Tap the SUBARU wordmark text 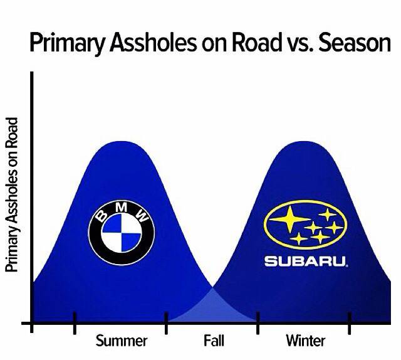click(x=305, y=260)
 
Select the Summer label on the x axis click(x=122, y=341)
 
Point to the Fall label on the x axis click(x=214, y=341)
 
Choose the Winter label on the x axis click(x=306, y=341)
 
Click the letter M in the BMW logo click(x=122, y=208)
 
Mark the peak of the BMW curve click(x=120, y=142)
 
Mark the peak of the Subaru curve click(x=305, y=142)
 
